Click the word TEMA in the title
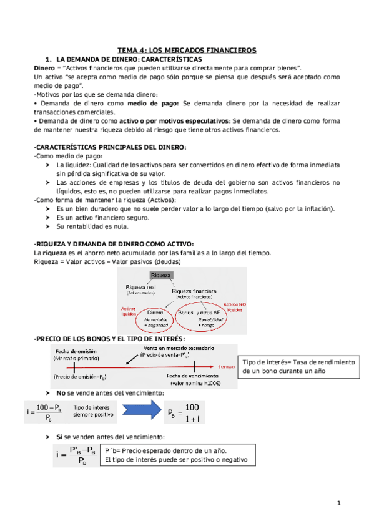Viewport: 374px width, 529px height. (130, 50)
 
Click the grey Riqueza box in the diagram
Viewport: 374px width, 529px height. (160, 275)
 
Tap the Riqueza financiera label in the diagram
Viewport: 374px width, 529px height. (194, 290)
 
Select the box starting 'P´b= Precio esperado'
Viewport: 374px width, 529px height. (176, 455)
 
